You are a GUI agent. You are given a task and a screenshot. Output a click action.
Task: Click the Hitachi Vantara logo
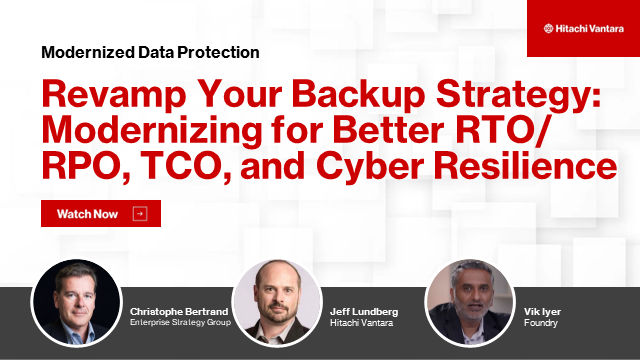582,28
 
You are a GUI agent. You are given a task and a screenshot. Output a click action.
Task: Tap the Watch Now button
100,214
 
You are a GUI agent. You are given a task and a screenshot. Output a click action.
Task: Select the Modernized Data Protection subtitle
151,52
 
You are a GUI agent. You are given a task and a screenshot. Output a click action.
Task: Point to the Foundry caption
542,324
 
